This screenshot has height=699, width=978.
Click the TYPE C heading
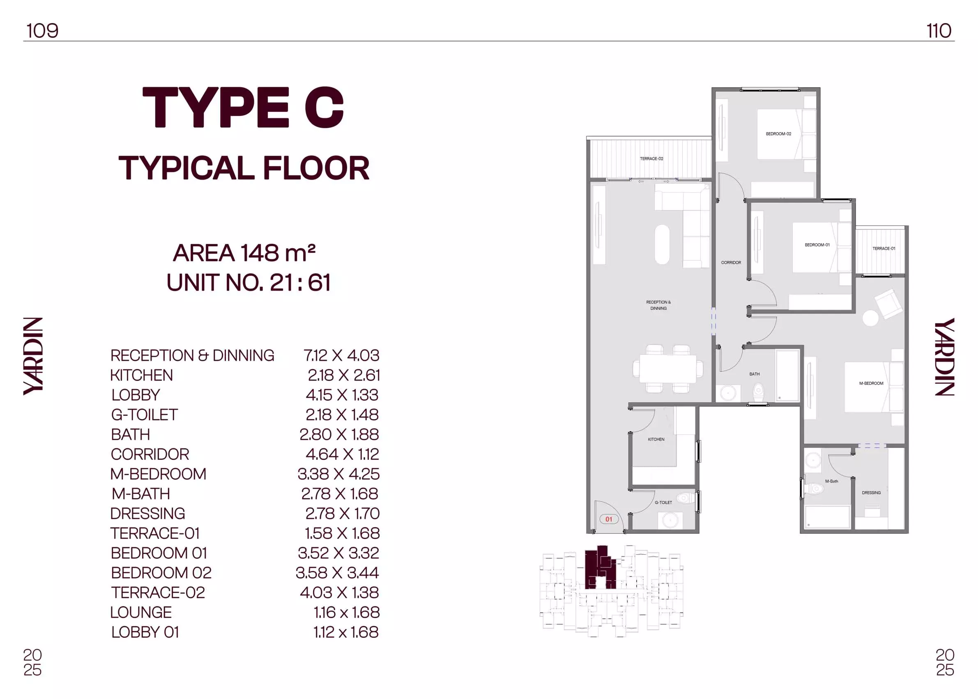coord(243,108)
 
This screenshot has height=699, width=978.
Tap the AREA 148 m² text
coord(244,253)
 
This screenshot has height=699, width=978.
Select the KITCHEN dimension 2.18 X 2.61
coord(344,375)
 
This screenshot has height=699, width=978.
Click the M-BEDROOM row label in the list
coord(158,474)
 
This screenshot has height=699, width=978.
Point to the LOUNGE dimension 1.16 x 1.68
coord(346,612)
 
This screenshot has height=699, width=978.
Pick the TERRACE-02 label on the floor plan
coord(651,159)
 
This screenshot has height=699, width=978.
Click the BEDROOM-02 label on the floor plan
coord(778,134)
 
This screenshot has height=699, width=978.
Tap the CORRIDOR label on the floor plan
coord(731,263)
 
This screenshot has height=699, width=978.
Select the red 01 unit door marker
coord(609,519)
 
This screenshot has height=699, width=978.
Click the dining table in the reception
coord(668,369)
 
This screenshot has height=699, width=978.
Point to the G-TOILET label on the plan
coord(663,502)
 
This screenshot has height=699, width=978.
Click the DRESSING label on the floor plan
coord(871,493)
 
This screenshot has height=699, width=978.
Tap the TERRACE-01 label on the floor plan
coord(884,249)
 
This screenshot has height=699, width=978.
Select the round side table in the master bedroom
coord(870,318)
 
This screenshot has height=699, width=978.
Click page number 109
coord(42,30)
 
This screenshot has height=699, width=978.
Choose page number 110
coord(939,30)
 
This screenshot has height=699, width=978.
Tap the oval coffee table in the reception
coord(663,245)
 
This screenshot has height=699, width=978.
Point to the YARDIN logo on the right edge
coord(944,357)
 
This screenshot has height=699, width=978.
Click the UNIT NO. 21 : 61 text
coord(249,283)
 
